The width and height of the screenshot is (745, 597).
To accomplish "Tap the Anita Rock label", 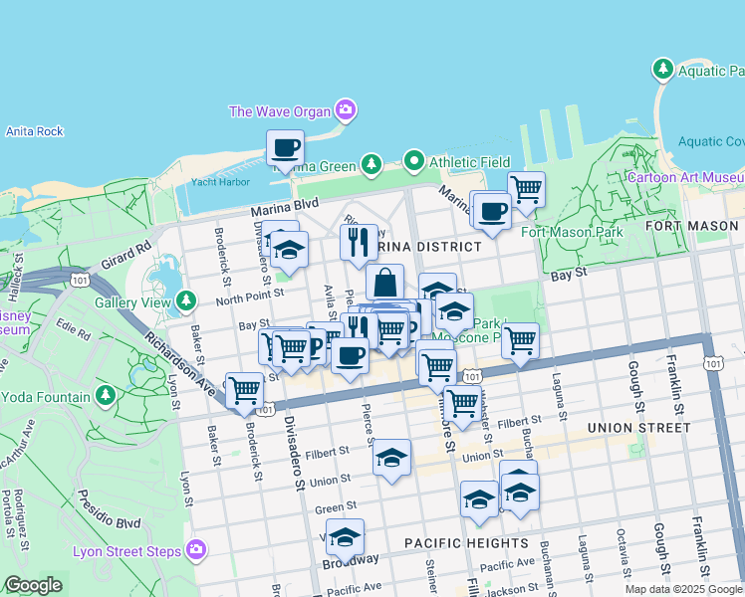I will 34,131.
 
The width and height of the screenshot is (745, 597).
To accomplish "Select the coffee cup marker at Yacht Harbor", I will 285,148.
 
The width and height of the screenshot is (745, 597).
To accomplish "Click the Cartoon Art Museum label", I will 685,178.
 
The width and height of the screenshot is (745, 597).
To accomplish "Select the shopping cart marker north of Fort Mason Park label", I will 526,188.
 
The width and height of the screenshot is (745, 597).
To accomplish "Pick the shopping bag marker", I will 384,282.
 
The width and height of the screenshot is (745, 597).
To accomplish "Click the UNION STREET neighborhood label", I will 638,428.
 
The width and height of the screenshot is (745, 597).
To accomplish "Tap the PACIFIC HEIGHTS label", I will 466,543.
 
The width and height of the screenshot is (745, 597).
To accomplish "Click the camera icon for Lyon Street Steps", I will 196,549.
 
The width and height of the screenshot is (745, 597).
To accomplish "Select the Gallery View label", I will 132,302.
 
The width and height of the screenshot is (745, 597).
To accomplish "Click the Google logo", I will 33,585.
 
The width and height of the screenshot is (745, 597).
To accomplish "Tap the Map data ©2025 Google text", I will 682,589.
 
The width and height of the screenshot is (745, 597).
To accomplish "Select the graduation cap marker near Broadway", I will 345,537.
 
